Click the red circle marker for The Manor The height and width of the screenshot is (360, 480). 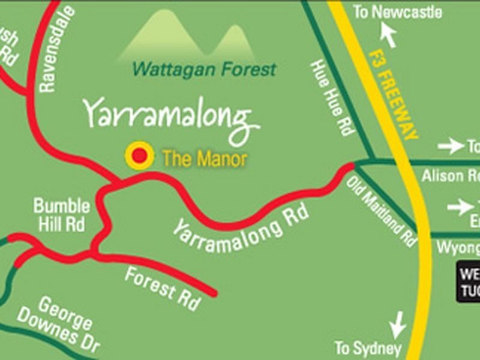139,156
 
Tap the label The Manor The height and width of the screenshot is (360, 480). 205,159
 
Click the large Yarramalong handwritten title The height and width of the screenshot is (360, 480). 171,116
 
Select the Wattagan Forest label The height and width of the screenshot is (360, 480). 204,69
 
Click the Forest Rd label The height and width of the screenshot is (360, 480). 162,288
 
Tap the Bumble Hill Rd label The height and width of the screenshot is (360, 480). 62,215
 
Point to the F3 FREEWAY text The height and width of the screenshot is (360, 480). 393,94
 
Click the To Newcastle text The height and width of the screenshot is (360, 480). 397,12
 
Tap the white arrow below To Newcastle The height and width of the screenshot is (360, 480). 389,35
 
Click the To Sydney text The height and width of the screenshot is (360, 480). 368,347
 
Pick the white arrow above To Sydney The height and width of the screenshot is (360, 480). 397,325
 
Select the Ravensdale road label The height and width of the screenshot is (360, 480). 58,49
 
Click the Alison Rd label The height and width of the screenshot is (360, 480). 451,176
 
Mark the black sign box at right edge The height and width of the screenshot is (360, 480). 468,281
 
